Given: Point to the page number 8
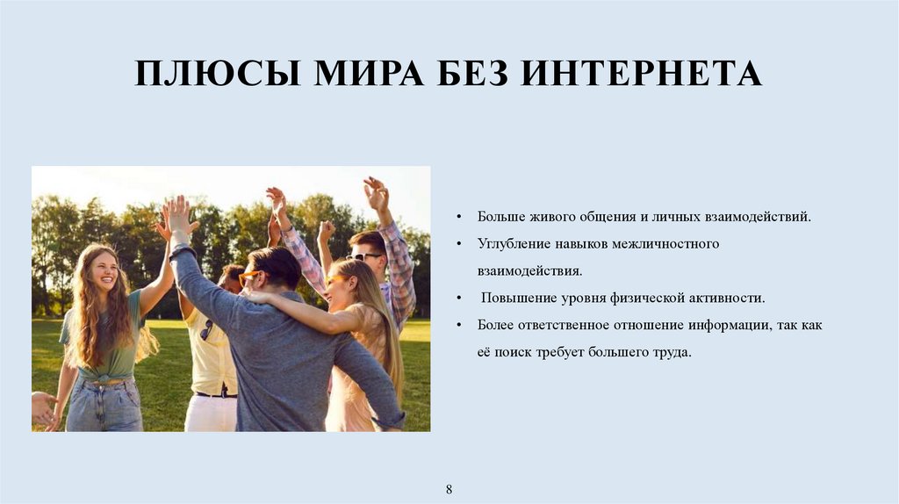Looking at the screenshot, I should (449, 487).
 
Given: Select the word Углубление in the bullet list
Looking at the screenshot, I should (510, 243).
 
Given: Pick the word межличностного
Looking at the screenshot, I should (672, 243).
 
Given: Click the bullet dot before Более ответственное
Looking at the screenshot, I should (460, 326).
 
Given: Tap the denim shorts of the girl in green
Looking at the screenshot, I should (103, 406).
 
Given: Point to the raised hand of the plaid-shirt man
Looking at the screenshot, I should (376, 192).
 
